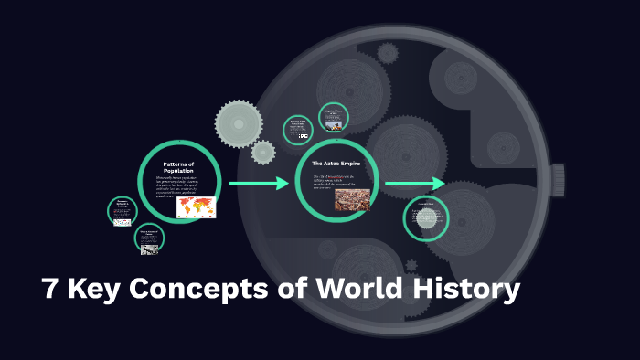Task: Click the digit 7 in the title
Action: tap(52, 290)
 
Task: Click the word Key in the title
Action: tap(94, 290)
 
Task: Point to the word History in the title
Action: tap(465, 290)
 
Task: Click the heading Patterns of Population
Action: tap(179, 167)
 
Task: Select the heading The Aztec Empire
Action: tap(336, 164)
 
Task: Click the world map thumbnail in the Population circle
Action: tap(196, 206)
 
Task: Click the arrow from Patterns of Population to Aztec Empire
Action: tap(259, 185)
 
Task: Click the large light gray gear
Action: tap(239, 122)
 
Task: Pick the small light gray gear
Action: tap(263, 152)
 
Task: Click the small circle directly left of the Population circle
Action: tap(123, 211)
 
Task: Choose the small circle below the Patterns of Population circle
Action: tap(149, 240)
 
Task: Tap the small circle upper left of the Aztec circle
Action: tap(298, 129)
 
